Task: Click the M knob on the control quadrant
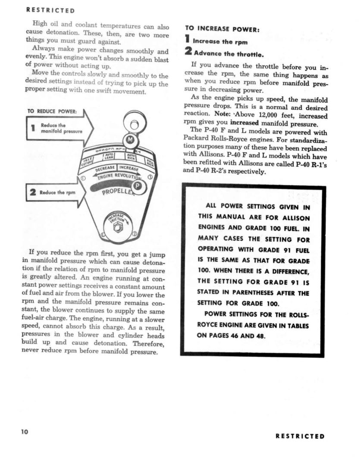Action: [131, 141]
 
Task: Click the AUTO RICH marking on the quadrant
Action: [131, 157]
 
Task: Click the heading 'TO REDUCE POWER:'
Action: [52, 111]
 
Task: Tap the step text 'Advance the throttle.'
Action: [228, 54]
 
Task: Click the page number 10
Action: [24, 432]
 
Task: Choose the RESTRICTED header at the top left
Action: [50, 9]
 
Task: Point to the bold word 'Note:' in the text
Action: [224, 116]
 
